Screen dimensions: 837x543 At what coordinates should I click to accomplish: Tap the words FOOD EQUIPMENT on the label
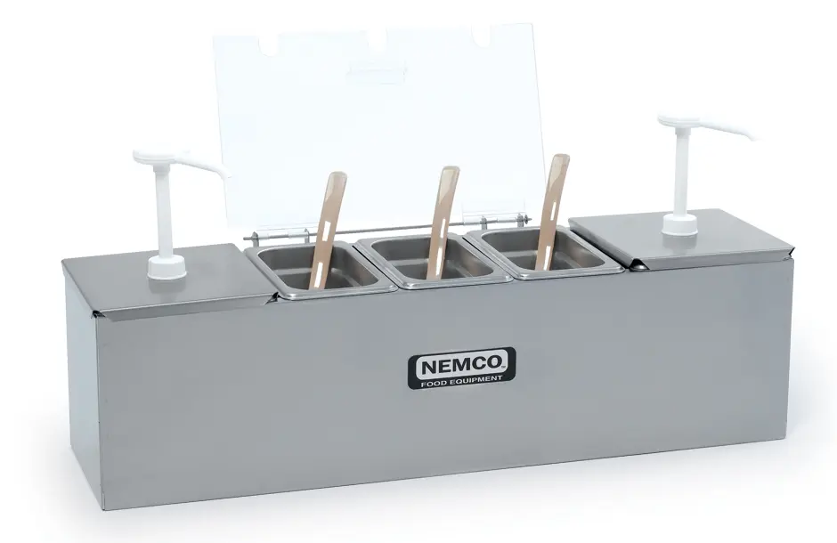(x=461, y=379)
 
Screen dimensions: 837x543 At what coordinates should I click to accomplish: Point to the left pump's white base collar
(x=168, y=267)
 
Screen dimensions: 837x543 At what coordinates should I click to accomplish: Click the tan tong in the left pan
(x=326, y=229)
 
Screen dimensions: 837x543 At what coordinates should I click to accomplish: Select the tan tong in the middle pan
(x=442, y=221)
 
